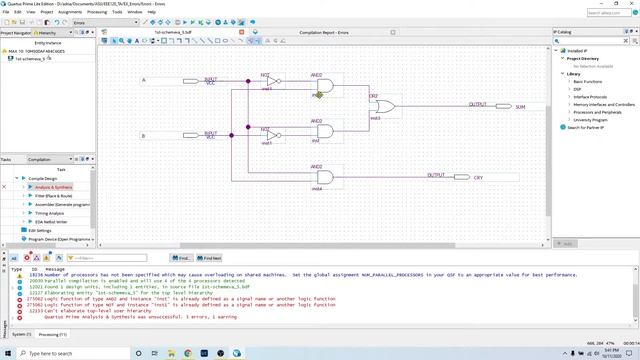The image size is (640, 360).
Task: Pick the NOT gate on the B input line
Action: pos(271,134)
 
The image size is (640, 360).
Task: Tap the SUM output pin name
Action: pos(520,106)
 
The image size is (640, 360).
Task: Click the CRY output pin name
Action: pos(478,177)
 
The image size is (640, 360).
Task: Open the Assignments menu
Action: pos(70,12)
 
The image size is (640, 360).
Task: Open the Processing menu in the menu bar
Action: pos(97,12)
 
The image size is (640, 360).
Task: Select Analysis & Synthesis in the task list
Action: pos(55,186)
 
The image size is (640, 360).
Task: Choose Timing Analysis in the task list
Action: pos(49,212)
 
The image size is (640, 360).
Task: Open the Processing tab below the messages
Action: pos(51,334)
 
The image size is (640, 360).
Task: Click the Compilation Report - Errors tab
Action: pos(323,31)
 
